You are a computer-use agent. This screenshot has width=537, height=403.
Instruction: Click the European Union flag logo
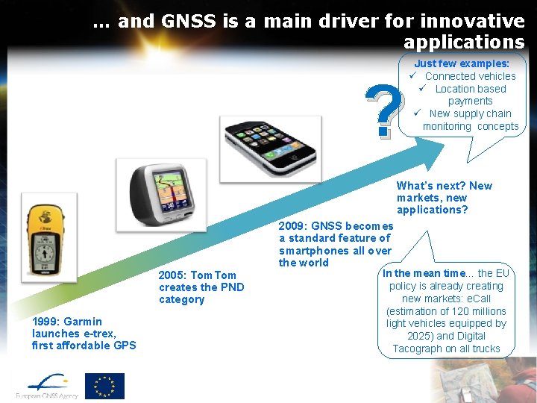(104, 385)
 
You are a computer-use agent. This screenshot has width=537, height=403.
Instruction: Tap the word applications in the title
(464, 42)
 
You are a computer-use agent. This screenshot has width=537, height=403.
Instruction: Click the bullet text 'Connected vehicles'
(470, 76)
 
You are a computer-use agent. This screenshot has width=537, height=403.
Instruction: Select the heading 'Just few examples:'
(462, 64)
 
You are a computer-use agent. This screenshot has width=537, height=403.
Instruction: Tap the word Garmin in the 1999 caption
(84, 322)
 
